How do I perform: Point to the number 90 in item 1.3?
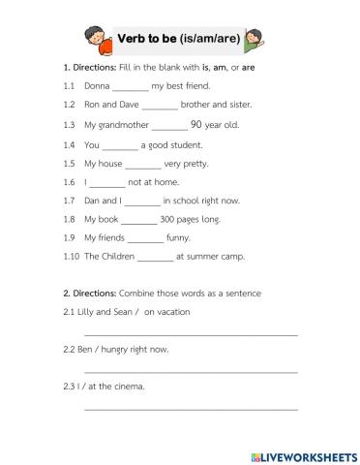[197, 125]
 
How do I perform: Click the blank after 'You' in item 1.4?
[120, 145]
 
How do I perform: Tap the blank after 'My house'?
[143, 164]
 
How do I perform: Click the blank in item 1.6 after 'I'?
[107, 182]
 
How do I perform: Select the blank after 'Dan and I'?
[142, 201]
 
